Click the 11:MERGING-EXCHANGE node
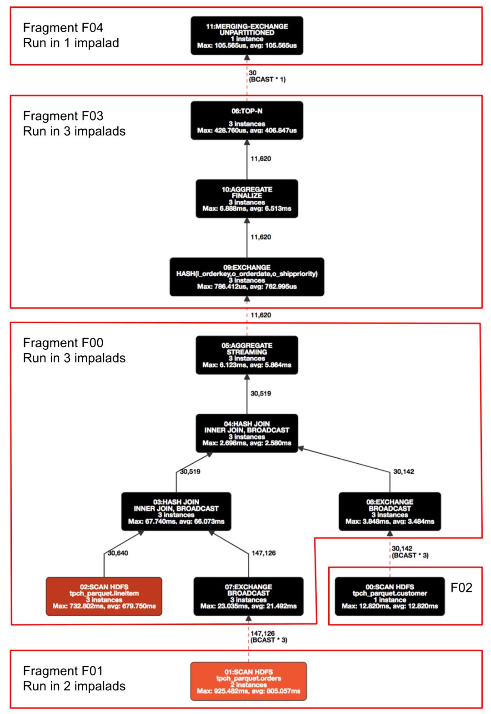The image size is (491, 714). pyautogui.click(x=247, y=35)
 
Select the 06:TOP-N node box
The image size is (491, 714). pyautogui.click(x=247, y=121)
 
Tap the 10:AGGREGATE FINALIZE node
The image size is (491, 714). pyautogui.click(x=247, y=199)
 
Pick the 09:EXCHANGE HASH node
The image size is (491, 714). pyautogui.click(x=247, y=277)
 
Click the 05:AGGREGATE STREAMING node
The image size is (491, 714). pyautogui.click(x=247, y=355)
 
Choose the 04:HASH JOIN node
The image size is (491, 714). pyautogui.click(x=247, y=433)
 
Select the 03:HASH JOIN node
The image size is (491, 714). pyautogui.click(x=176, y=511)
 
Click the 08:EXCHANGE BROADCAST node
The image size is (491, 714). pyautogui.click(x=390, y=511)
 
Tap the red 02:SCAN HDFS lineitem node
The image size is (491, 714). pyautogui.click(x=104, y=596)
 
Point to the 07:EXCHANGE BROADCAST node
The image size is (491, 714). pyautogui.click(x=248, y=596)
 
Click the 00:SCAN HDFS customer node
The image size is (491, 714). pyautogui.click(x=390, y=596)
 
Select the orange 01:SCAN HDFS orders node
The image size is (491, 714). pyautogui.click(x=248, y=681)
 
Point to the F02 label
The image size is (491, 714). pyautogui.click(x=461, y=587)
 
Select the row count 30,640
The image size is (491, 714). pyautogui.click(x=118, y=553)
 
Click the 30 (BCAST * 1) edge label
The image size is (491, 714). pyautogui.click(x=267, y=76)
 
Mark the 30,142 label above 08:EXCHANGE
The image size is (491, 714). pyautogui.click(x=404, y=471)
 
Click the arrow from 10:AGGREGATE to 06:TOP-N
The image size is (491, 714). pyautogui.click(x=247, y=159)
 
